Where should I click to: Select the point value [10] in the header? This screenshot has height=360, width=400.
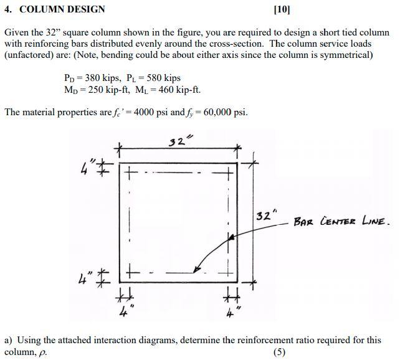[282, 9]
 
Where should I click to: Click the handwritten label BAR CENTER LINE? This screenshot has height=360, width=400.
[343, 221]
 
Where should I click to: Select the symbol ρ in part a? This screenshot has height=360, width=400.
[42, 352]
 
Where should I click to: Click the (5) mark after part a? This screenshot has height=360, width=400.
[280, 352]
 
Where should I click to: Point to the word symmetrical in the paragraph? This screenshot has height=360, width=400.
[345, 55]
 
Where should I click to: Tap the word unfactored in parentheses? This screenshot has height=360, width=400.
[30, 55]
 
